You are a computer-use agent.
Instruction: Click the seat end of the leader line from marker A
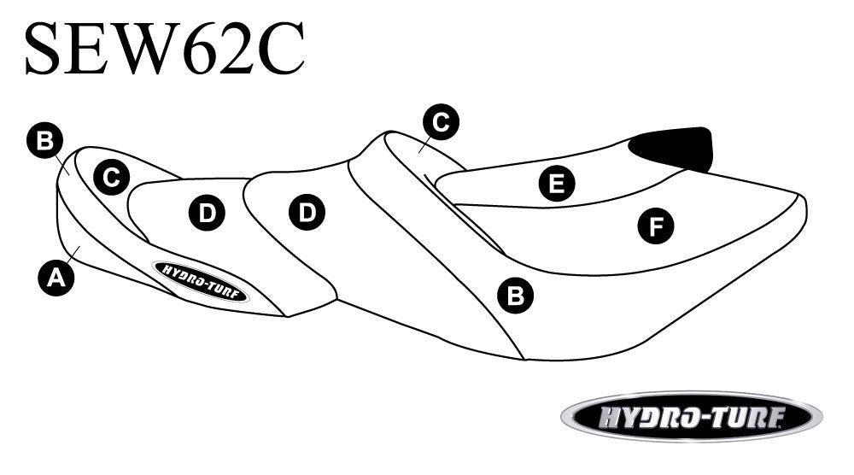click(x=80, y=246)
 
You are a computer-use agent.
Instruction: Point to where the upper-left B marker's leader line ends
click(x=68, y=173)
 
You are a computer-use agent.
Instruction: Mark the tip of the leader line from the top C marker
click(x=418, y=153)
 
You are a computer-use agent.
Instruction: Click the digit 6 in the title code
click(x=199, y=48)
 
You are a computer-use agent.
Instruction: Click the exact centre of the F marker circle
click(x=656, y=226)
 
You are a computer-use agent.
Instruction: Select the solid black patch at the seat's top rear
click(x=672, y=148)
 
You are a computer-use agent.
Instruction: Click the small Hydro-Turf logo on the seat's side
click(x=201, y=281)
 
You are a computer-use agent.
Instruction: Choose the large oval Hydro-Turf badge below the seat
click(x=692, y=417)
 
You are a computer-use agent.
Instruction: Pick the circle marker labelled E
click(x=557, y=183)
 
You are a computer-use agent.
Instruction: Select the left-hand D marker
click(x=207, y=213)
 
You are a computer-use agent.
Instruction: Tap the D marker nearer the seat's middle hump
click(x=307, y=212)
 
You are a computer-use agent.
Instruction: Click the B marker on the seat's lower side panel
click(x=515, y=296)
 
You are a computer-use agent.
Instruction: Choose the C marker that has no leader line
click(x=111, y=177)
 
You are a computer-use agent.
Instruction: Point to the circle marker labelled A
click(x=56, y=278)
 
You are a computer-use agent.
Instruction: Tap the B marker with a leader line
click(x=44, y=141)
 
